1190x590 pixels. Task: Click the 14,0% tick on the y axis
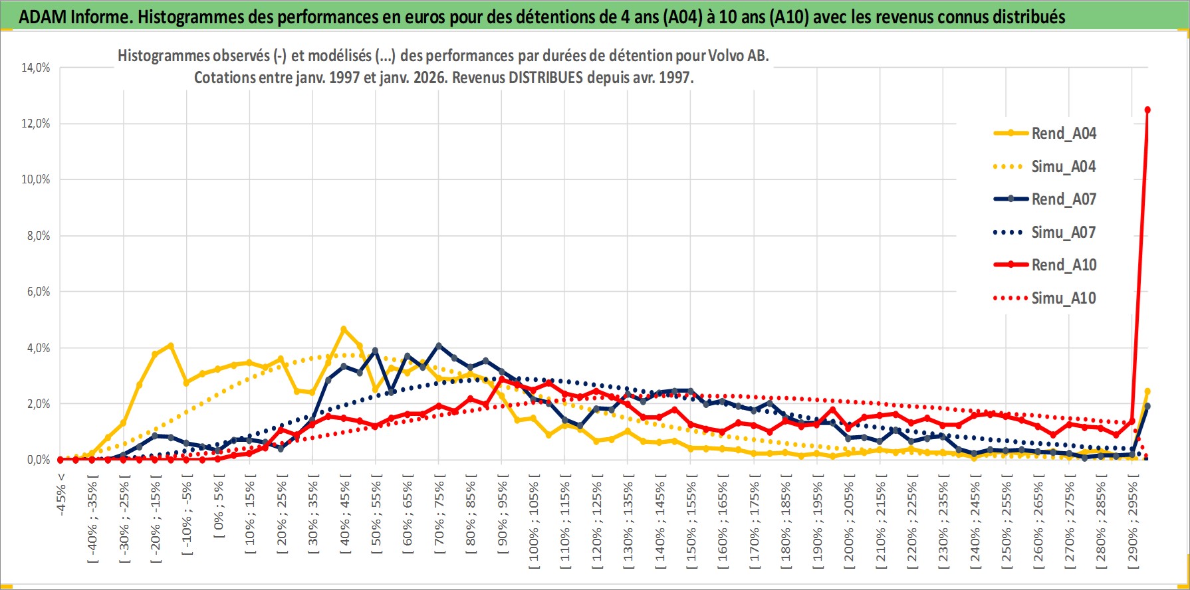[36, 68]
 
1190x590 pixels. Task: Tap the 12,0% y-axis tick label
[36, 124]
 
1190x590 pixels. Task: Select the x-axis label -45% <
[61, 492]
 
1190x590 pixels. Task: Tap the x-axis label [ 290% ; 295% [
[1133, 522]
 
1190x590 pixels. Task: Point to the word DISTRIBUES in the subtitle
[546, 78]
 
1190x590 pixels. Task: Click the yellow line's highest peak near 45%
[343, 329]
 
